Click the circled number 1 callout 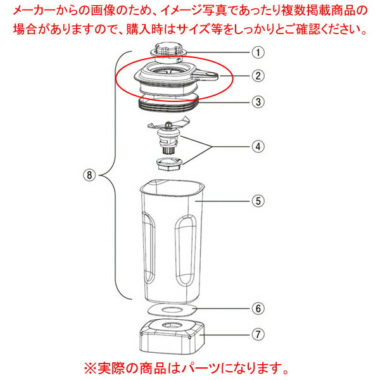258,53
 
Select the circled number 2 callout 258,75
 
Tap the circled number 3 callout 258,102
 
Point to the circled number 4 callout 258,147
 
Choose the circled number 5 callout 258,201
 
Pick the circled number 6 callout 258,308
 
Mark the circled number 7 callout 258,334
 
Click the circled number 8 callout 89,175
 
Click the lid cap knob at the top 168,51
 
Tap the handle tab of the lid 205,74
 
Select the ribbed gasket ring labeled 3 168,103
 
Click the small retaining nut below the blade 169,164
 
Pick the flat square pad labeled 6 172,310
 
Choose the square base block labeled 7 172,338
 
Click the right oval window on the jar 186,251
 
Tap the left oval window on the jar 149,248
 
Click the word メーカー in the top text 34,11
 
